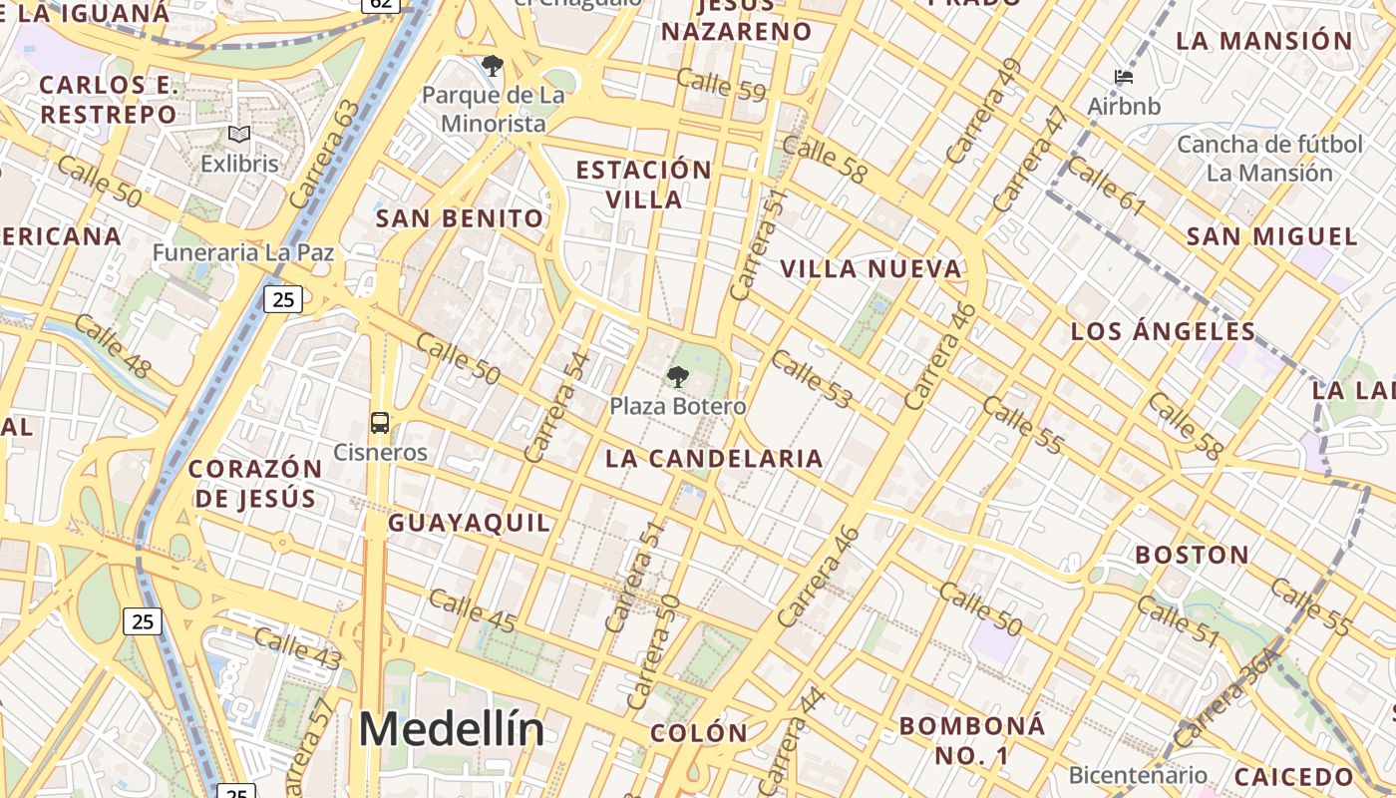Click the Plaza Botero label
pyautogui.click(x=677, y=407)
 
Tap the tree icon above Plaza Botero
pyautogui.click(x=678, y=377)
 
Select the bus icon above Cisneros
pyautogui.click(x=380, y=423)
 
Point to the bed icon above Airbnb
pyautogui.click(x=1124, y=76)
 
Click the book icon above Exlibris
pyautogui.click(x=239, y=134)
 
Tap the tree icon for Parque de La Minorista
pyautogui.click(x=492, y=67)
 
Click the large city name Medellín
pyautogui.click(x=452, y=729)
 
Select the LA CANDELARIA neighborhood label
pyautogui.click(x=714, y=459)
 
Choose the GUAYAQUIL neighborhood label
pyautogui.click(x=469, y=523)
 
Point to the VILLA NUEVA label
pyautogui.click(x=871, y=269)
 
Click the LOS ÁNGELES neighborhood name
pyautogui.click(x=1163, y=331)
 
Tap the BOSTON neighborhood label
pyautogui.click(x=1192, y=555)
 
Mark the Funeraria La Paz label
pyautogui.click(x=242, y=252)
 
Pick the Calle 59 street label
pyautogui.click(x=720, y=85)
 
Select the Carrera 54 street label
pyautogui.click(x=557, y=407)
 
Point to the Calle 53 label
pyautogui.click(x=812, y=379)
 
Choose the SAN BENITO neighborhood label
pyautogui.click(x=460, y=218)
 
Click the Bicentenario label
pyautogui.click(x=1137, y=775)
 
